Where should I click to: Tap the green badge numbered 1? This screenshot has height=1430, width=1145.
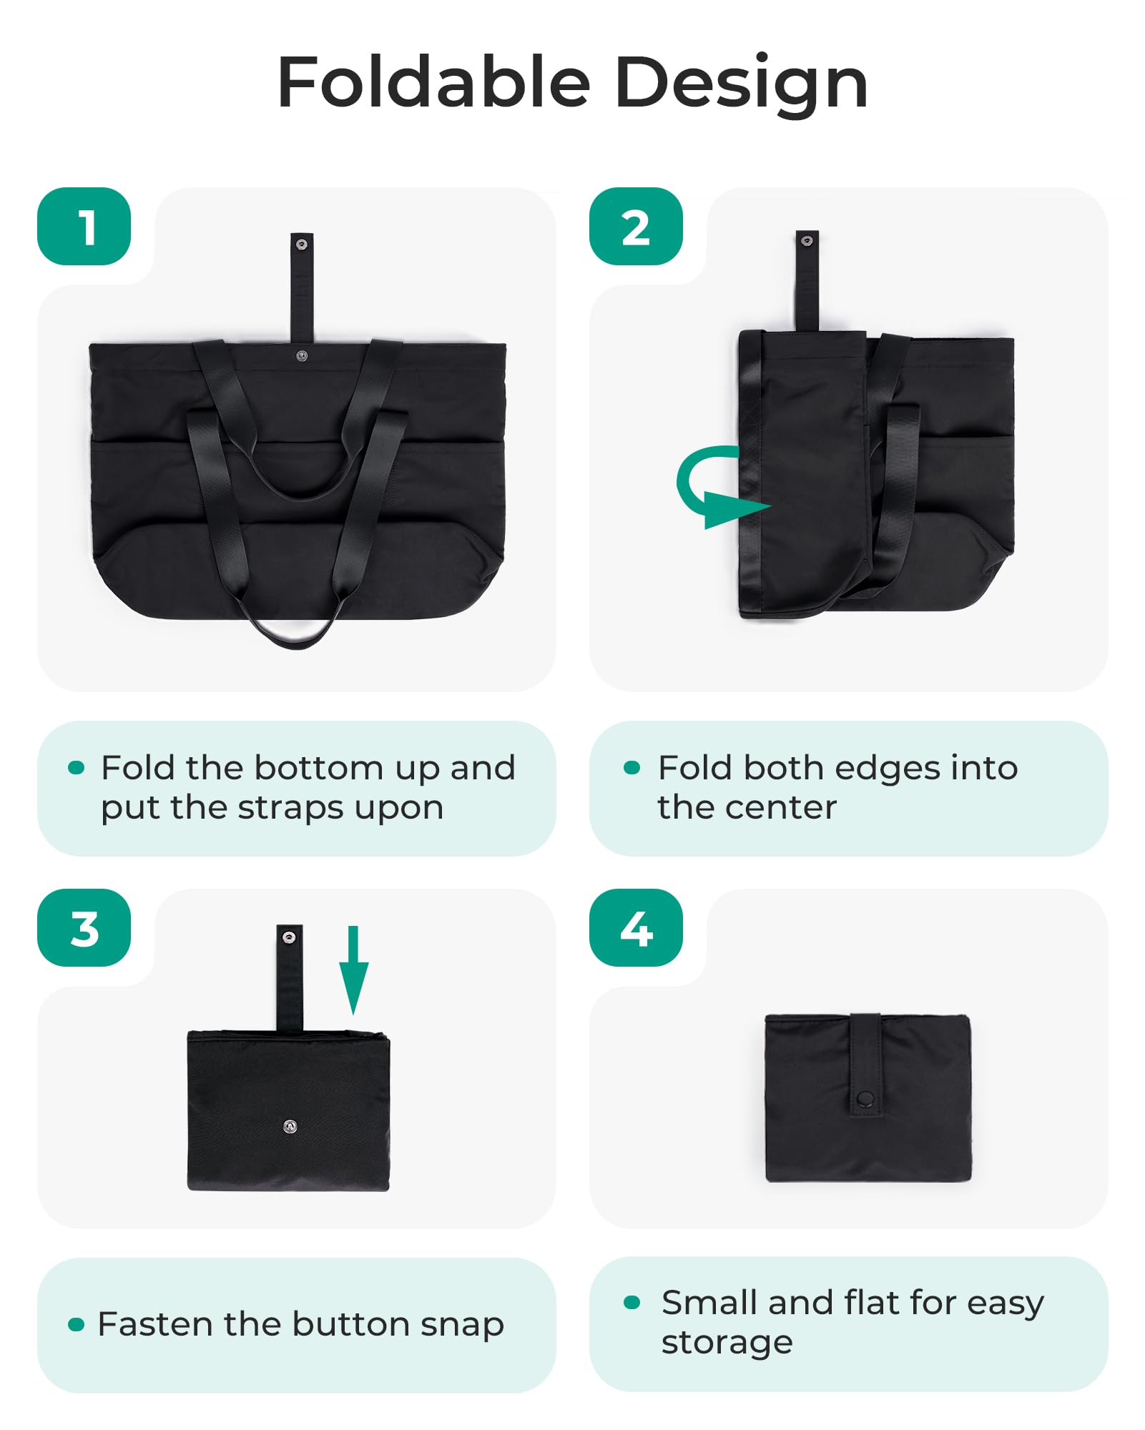[84, 226]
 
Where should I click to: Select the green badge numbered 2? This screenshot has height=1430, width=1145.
[636, 226]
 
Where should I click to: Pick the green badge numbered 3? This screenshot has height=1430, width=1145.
[84, 928]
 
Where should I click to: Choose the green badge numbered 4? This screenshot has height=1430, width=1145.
[636, 928]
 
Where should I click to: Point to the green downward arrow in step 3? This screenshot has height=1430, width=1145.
[353, 970]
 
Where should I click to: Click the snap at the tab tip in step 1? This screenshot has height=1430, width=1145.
[302, 245]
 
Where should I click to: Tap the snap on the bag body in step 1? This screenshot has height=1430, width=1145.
[302, 355]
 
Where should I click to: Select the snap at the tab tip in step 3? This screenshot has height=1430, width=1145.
[289, 937]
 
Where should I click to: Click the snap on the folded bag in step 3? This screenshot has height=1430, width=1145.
[290, 1127]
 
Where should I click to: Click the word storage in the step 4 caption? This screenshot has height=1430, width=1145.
[727, 1343]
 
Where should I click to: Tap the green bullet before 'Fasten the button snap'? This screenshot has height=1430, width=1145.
[76, 1325]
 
